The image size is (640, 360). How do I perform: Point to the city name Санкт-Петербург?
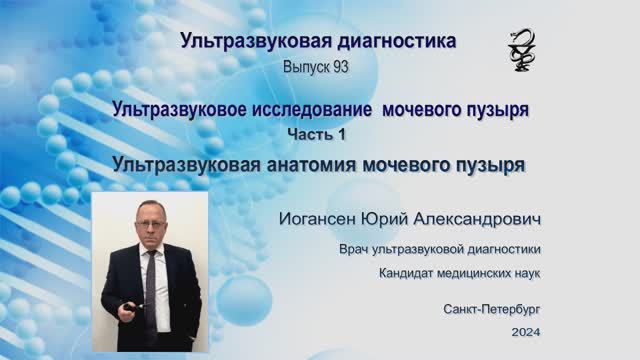tap(494, 309)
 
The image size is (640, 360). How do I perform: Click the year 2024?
tap(524, 331)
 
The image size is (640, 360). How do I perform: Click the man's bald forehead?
tap(149, 209)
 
